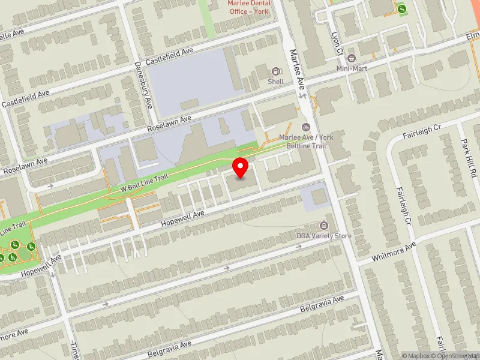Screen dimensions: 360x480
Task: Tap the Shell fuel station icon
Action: (276, 71)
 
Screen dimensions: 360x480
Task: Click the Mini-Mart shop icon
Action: (352, 58)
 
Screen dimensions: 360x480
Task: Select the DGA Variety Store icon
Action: (324, 226)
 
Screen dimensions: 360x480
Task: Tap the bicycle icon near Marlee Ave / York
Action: (306, 127)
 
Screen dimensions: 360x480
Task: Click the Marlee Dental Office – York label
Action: (249, 7)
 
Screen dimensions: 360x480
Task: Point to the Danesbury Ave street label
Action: (144, 84)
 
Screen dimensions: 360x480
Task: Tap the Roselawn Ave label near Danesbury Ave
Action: (169, 124)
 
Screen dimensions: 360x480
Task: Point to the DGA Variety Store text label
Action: (324, 236)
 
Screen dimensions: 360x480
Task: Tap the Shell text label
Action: (276, 82)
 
